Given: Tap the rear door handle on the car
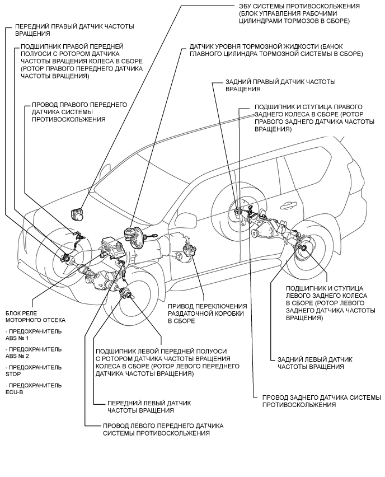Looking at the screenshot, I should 289,205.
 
